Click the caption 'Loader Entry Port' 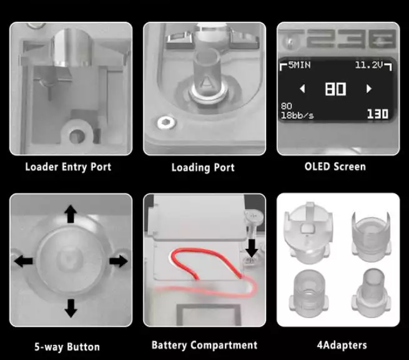68,167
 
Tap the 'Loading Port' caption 203,168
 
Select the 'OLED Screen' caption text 335,167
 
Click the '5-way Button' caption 67,347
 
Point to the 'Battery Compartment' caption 205,345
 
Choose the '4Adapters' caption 342,345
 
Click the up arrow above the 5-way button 71,214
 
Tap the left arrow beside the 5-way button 24,261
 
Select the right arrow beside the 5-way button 119,261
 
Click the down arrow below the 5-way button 71,308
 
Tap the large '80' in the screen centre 335,89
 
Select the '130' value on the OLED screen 378,114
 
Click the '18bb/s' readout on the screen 297,115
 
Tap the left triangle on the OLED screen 303,89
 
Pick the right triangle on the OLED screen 369,89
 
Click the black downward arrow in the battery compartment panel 252,248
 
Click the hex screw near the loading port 167,122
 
